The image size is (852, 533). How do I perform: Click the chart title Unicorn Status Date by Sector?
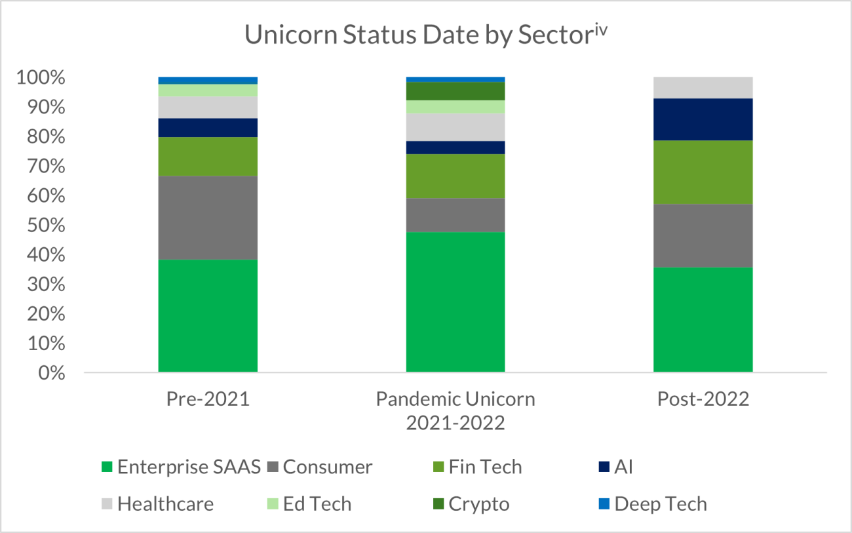click(427, 35)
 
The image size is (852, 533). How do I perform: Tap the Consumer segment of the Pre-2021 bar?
click(208, 218)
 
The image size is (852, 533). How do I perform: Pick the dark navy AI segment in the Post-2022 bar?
click(703, 119)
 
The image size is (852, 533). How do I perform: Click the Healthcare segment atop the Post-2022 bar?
click(703, 87)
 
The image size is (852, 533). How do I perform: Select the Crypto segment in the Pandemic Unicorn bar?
click(455, 91)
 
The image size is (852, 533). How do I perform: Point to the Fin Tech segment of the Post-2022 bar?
click(703, 172)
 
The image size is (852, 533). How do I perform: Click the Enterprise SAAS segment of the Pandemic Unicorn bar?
click(455, 302)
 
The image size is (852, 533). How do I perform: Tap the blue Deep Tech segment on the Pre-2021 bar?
click(208, 80)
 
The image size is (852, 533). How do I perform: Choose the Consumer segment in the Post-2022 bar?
click(703, 235)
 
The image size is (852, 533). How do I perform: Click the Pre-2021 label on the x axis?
click(208, 399)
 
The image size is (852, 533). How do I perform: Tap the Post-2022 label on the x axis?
click(703, 399)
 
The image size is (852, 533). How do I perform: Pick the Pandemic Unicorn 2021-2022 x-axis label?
click(455, 410)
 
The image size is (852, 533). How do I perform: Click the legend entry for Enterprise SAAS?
click(182, 467)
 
